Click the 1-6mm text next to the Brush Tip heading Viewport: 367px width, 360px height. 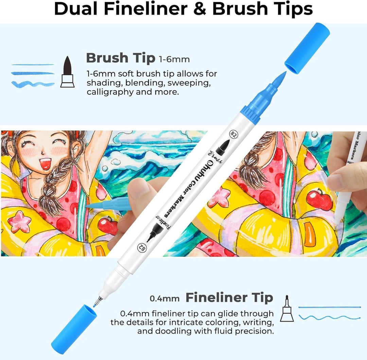point(174,60)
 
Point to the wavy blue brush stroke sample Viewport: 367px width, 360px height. point(33,84)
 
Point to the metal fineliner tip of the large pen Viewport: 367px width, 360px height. point(98,300)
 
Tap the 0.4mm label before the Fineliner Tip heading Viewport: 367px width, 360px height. point(164,298)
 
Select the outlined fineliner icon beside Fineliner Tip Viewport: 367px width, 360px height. point(287,308)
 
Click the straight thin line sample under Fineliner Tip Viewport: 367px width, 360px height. point(329,307)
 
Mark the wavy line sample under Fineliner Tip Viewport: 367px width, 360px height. point(329,317)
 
